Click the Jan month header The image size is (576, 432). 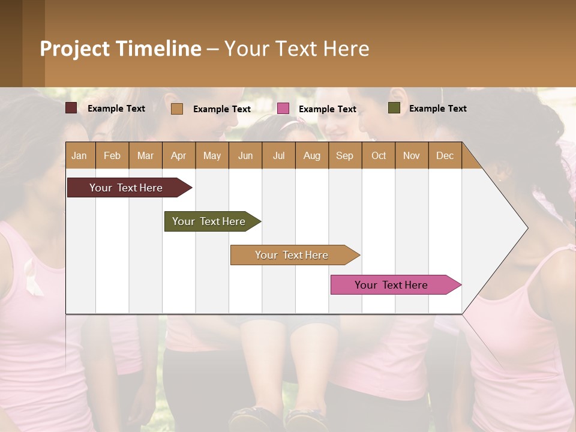pyautogui.click(x=80, y=155)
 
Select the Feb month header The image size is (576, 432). pyautogui.click(x=112, y=155)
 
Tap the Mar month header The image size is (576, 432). pyautogui.click(x=145, y=155)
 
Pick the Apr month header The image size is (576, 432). pyautogui.click(x=179, y=155)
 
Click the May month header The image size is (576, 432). pyautogui.click(x=212, y=155)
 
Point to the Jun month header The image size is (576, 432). pyautogui.click(x=245, y=155)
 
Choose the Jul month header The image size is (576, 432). pyautogui.click(x=278, y=155)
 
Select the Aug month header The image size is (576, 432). pyautogui.click(x=312, y=155)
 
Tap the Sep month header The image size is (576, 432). pyautogui.click(x=345, y=155)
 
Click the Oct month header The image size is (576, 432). pyautogui.click(x=379, y=155)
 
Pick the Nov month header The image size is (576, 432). pyautogui.click(x=412, y=155)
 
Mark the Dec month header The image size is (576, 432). pyautogui.click(x=445, y=155)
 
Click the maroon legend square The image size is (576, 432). pyautogui.click(x=71, y=108)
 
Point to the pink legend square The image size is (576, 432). pyautogui.click(x=283, y=109)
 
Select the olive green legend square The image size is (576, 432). pyautogui.click(x=394, y=108)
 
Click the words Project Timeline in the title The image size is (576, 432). pyautogui.click(x=121, y=49)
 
